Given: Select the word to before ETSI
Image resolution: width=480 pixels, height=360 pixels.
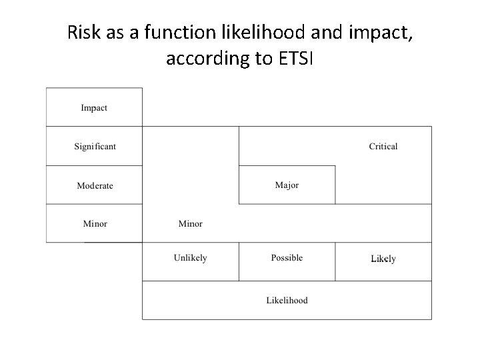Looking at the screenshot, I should pyautogui.click(x=260, y=59).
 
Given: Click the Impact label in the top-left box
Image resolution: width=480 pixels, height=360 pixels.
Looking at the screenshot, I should pyautogui.click(x=94, y=108).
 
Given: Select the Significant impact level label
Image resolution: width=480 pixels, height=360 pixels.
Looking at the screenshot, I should pyautogui.click(x=95, y=147).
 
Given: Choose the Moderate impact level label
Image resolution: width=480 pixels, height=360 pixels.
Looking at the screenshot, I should pyautogui.click(x=95, y=185).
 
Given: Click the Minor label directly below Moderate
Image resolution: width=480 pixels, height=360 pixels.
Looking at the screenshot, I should pyautogui.click(x=95, y=224).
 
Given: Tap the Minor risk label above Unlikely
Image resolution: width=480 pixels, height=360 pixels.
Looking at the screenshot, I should pyautogui.click(x=190, y=224).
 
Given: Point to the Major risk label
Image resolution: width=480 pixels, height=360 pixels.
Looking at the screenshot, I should pyautogui.click(x=287, y=185).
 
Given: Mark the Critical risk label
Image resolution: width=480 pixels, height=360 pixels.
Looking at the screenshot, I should pyautogui.click(x=383, y=147).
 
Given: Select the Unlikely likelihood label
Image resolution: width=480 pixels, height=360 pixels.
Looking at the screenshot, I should pyautogui.click(x=190, y=258).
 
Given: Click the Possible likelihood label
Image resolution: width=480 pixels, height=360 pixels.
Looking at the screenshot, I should pyautogui.click(x=287, y=258).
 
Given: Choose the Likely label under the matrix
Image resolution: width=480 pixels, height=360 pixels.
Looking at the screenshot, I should pyautogui.click(x=383, y=259).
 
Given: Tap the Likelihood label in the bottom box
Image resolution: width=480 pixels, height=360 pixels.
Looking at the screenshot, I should pyautogui.click(x=287, y=301).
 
